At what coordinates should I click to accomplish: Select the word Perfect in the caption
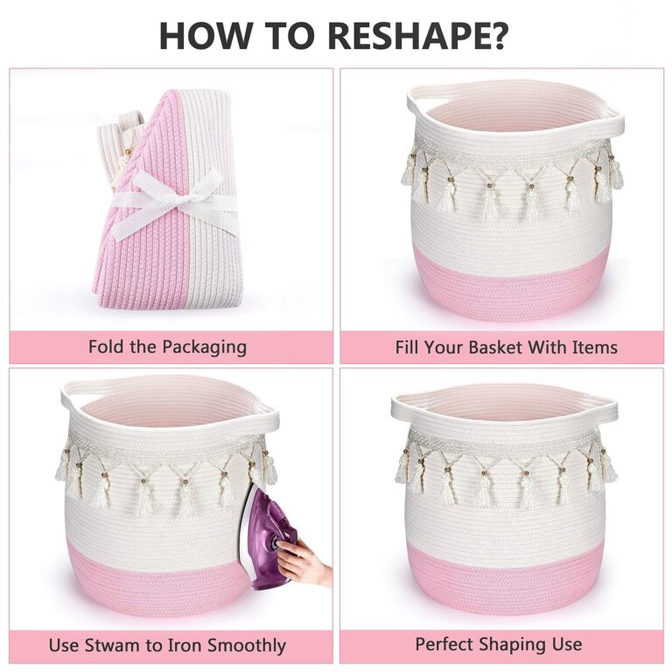point(444,644)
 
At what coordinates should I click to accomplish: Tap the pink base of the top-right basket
point(512,287)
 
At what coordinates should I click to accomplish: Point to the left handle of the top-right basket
point(416,101)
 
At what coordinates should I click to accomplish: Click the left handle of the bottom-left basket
point(71,396)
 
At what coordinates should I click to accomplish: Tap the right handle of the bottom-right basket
point(607,411)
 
